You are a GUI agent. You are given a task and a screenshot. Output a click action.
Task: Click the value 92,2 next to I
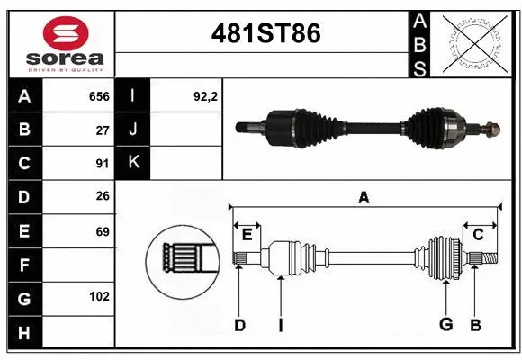[x=205, y=96]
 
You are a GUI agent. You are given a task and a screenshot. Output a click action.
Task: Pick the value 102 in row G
[x=98, y=295]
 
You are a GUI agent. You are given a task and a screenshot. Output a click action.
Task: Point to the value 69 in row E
[x=102, y=231]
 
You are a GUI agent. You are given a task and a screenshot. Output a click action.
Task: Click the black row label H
[x=23, y=334]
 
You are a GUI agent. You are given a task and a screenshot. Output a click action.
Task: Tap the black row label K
[x=132, y=163]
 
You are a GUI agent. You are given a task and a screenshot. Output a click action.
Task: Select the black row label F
[x=23, y=266]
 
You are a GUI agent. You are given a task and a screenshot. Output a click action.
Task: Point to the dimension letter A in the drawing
[x=364, y=197]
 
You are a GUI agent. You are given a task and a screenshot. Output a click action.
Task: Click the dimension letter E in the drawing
[x=247, y=235]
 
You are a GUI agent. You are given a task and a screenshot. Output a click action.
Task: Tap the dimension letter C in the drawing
[x=478, y=235]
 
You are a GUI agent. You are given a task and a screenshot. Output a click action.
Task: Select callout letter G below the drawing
[x=445, y=325]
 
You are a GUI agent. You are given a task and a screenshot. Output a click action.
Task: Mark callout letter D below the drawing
[x=239, y=325]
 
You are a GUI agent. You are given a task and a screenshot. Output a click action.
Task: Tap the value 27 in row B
[x=102, y=130]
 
